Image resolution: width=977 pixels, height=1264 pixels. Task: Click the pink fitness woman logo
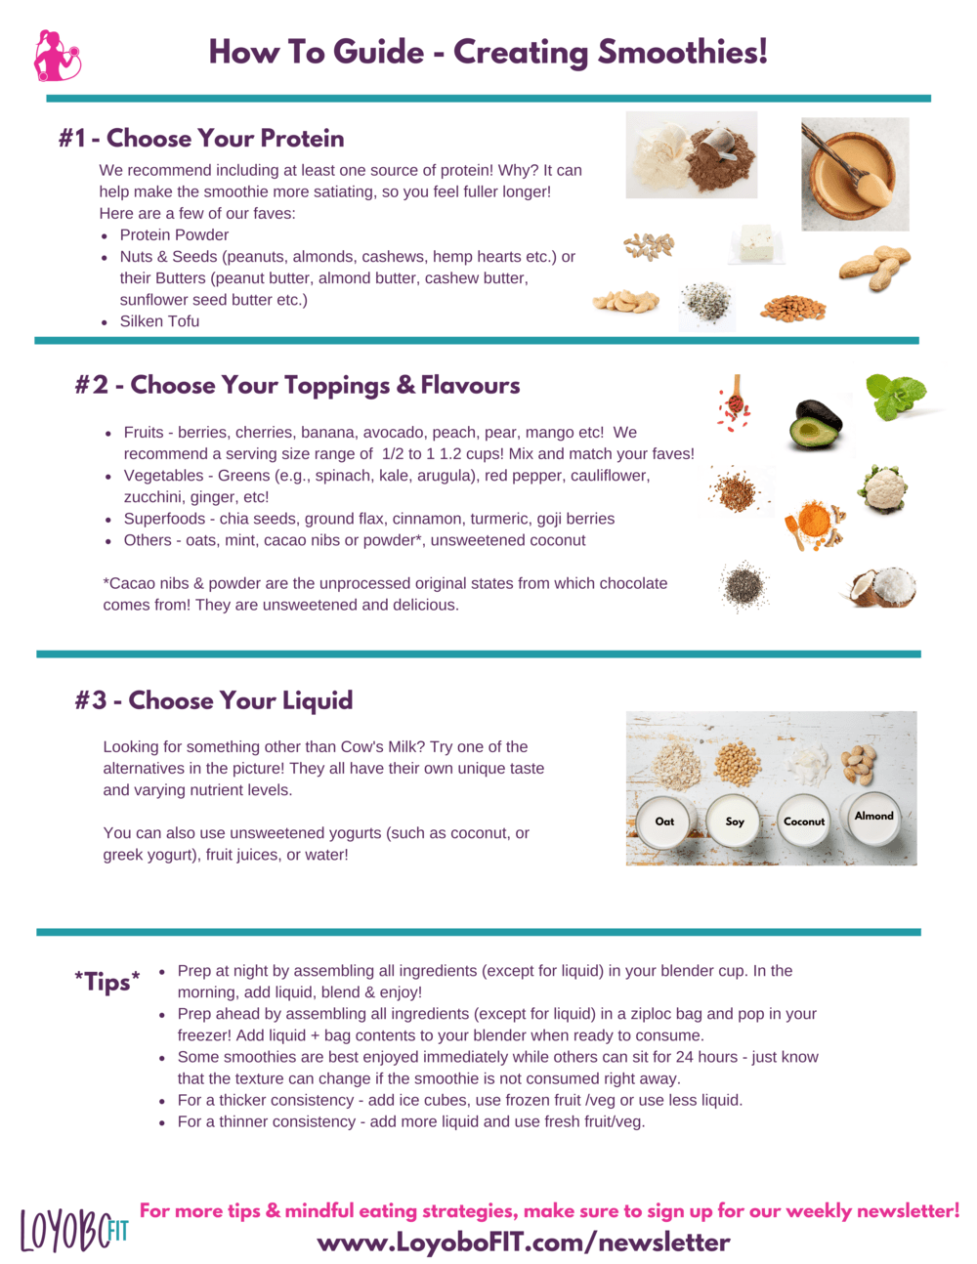[x=58, y=56]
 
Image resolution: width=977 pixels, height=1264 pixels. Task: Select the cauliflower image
[x=883, y=488]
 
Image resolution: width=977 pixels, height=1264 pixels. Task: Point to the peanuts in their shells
[x=875, y=267]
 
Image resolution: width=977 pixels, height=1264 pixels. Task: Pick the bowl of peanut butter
[x=854, y=175]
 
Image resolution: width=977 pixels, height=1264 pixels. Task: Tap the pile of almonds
[x=792, y=309]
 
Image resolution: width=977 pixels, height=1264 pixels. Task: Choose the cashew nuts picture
[x=625, y=301]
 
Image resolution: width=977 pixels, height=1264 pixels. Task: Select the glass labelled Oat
[x=664, y=822]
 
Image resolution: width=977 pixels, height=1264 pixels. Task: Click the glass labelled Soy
[x=735, y=822]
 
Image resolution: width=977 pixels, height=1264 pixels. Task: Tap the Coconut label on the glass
[x=804, y=822]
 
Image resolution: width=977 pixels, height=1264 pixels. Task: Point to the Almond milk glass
[x=872, y=817]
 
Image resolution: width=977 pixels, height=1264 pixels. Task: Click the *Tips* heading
[x=107, y=982]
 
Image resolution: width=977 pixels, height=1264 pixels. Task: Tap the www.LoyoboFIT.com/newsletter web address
[x=524, y=1243]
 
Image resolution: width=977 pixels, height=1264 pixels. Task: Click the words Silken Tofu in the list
[x=159, y=321]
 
